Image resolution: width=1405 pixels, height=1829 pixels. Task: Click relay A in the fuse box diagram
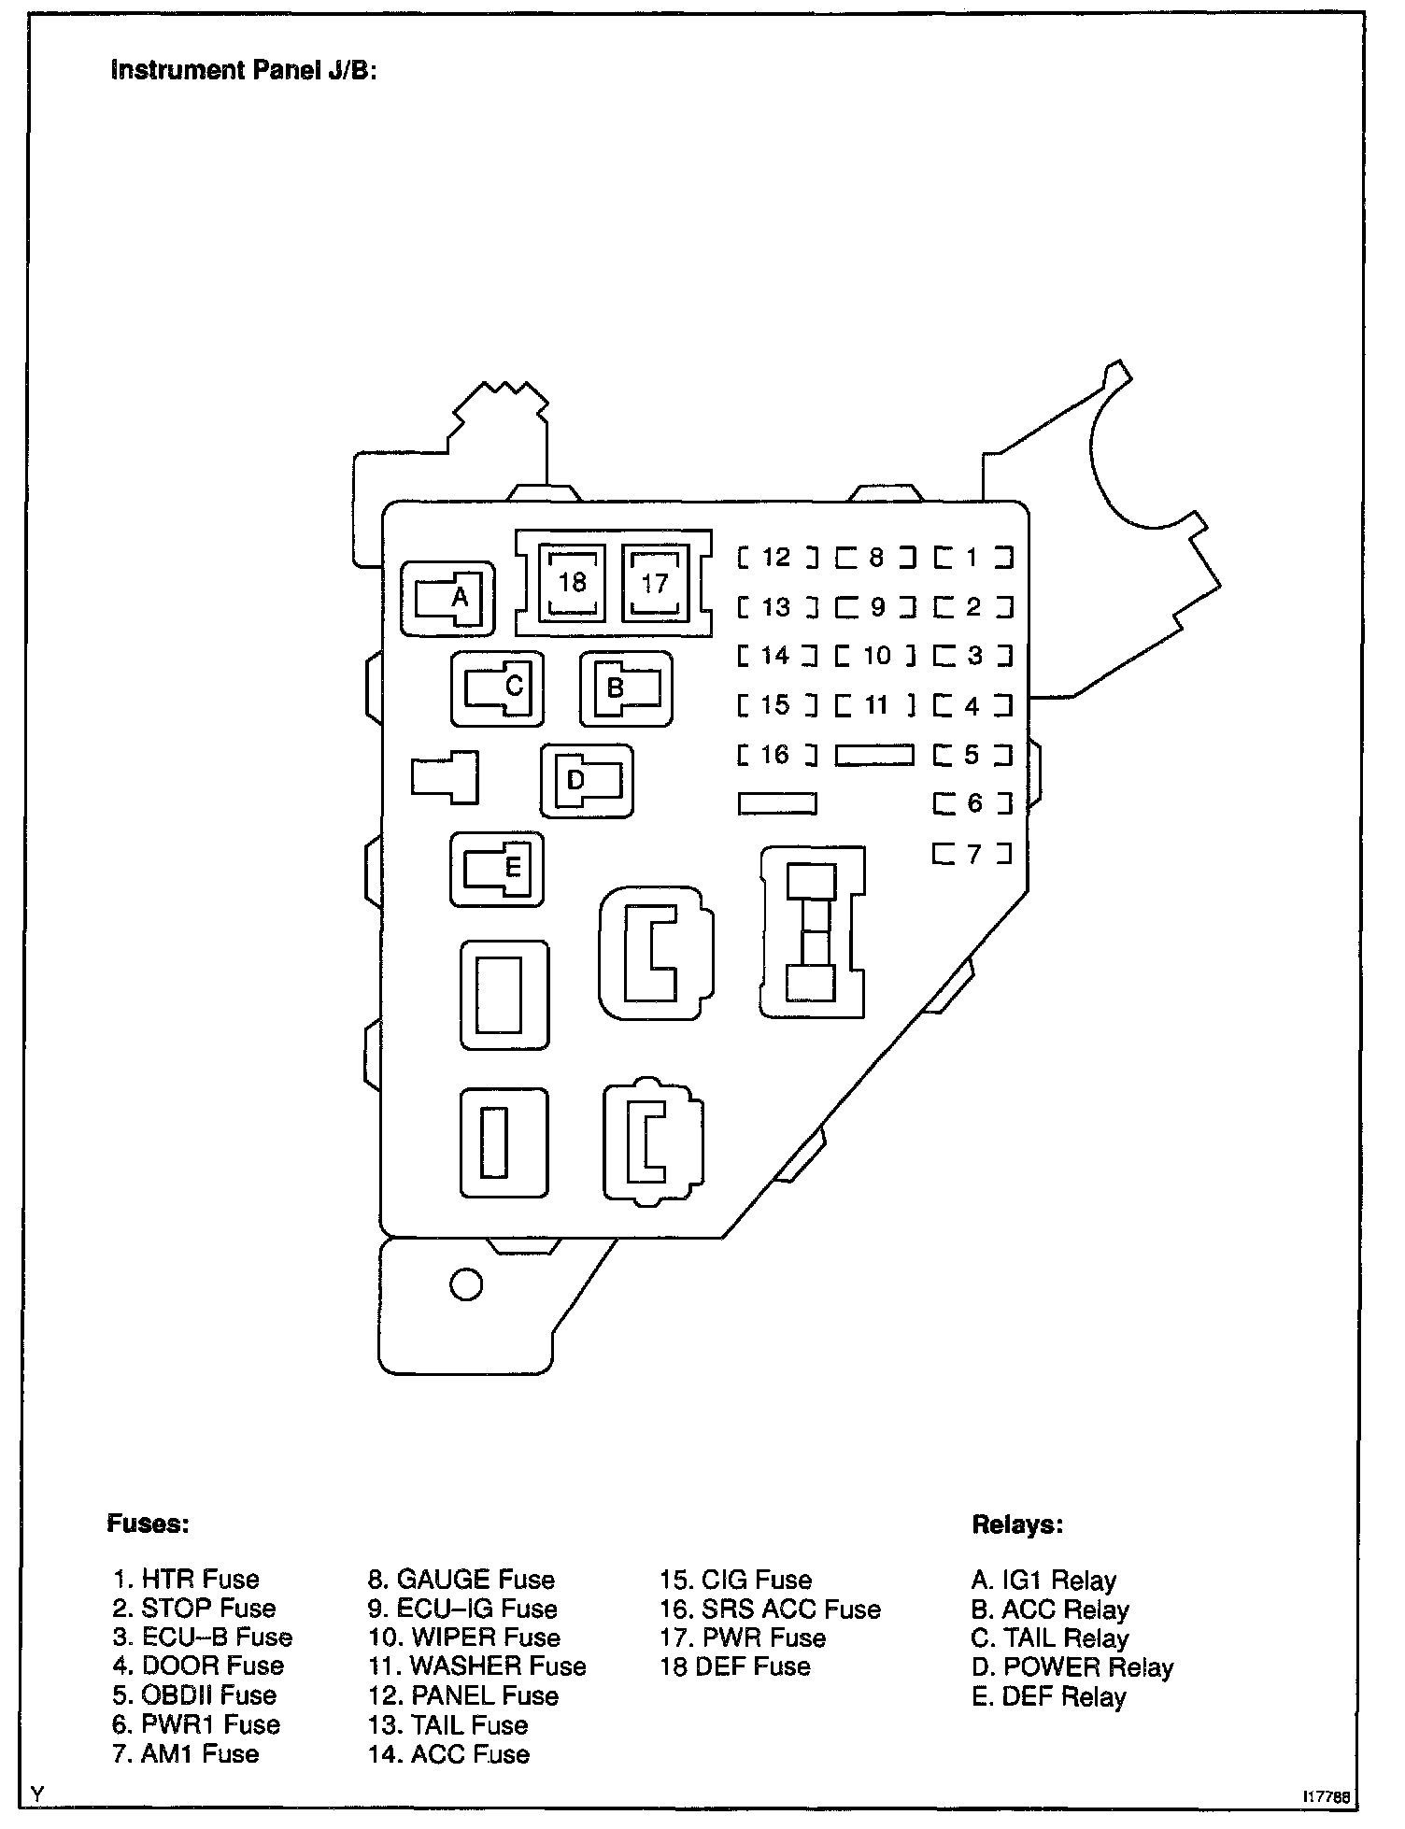447,599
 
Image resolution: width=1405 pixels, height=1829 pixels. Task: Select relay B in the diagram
626,689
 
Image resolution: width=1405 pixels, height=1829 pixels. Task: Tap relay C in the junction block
497,688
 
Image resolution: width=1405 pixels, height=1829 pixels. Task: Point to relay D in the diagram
587,781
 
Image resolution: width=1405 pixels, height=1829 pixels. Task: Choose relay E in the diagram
497,869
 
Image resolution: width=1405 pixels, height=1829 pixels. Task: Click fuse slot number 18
572,583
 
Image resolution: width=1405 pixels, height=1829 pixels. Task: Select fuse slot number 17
655,584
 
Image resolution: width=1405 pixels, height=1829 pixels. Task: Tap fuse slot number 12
776,558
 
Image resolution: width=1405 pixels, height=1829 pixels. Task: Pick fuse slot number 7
973,853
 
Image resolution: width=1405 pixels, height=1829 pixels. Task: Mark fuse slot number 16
776,754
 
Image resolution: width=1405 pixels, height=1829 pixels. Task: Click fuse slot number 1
973,558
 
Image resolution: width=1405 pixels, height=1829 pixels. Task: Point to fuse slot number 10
875,656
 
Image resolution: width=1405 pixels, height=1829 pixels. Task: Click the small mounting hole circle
466,1284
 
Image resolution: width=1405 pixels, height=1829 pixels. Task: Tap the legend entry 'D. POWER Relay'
1071,1667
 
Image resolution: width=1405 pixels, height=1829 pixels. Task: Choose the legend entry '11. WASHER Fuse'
477,1666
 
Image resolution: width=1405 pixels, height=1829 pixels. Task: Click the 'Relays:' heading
1017,1524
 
